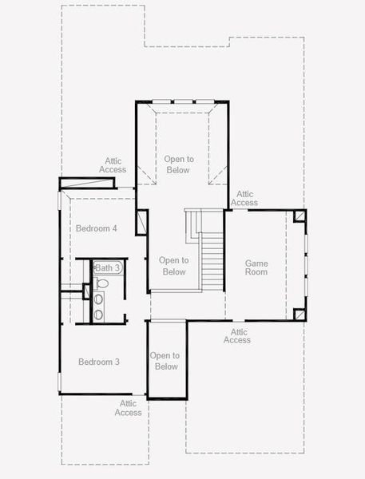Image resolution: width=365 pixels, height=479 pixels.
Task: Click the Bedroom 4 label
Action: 97,228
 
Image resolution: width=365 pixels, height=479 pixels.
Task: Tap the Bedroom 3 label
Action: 99,362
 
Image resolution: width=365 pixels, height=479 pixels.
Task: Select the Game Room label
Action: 256,267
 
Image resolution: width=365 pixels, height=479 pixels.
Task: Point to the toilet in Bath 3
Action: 101,283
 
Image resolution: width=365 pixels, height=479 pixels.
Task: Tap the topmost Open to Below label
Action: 178,164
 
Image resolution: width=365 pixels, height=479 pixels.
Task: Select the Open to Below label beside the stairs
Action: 173,266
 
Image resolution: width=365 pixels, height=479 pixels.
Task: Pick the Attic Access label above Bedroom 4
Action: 113,165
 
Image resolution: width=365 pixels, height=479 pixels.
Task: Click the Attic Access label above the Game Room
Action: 244,198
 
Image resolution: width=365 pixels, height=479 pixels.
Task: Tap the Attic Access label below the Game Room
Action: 237,336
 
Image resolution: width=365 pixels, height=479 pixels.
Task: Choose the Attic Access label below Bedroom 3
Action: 129,408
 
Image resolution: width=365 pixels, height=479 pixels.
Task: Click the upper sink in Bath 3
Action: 99,299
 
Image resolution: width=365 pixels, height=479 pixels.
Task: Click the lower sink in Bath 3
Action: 99,314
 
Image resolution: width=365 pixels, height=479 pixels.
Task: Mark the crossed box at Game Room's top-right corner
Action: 300,216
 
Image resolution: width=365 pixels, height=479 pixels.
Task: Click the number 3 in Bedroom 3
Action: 117,362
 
